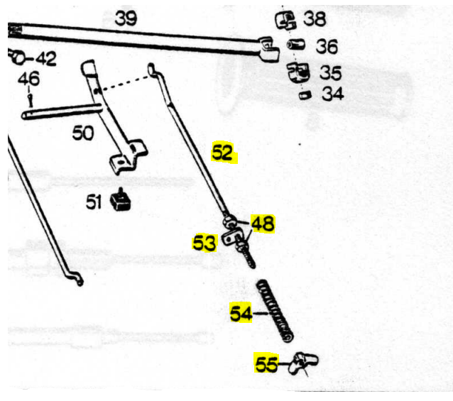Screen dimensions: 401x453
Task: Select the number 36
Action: tap(326, 47)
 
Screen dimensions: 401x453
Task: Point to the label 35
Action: tap(330, 72)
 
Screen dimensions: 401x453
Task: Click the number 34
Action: tap(332, 94)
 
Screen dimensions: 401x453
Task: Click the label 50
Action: tap(83, 133)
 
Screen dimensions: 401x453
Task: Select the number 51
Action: tap(94, 202)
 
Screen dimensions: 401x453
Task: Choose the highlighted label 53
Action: tap(204, 243)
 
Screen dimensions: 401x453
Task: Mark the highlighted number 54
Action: tap(241, 313)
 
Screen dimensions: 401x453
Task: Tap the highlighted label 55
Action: tap(267, 365)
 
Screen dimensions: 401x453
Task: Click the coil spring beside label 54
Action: tap(275, 309)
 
